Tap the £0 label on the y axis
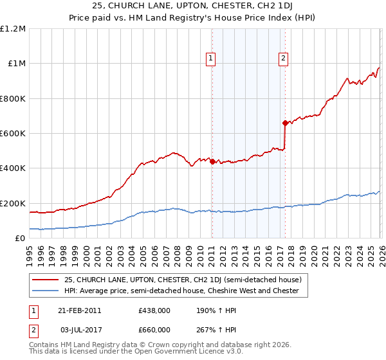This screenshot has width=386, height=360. pyautogui.click(x=21, y=238)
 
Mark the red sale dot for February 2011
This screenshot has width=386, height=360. pyautogui.click(x=212, y=162)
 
